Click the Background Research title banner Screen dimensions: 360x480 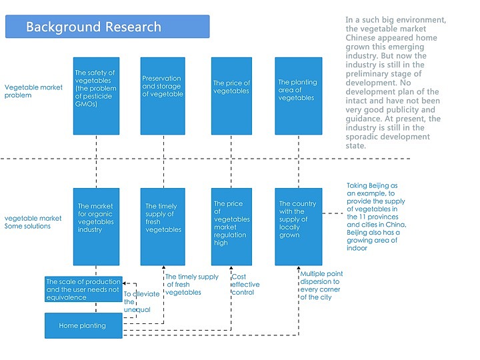click(x=107, y=27)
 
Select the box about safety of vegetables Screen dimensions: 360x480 click(x=97, y=96)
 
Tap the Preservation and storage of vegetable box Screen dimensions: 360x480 click(x=163, y=96)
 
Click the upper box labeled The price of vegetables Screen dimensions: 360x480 click(x=231, y=96)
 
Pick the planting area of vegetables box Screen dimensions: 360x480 click(x=298, y=96)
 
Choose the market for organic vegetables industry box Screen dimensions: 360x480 click(x=97, y=227)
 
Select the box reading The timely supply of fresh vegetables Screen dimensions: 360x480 click(x=163, y=227)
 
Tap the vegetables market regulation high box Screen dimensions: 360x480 click(x=231, y=227)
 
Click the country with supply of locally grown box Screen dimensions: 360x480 click(x=298, y=227)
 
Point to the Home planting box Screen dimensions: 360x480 click(x=83, y=326)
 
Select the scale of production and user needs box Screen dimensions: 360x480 click(x=83, y=289)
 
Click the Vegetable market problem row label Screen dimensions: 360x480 click(x=33, y=91)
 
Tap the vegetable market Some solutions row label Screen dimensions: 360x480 click(x=33, y=222)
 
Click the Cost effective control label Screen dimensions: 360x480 click(x=245, y=285)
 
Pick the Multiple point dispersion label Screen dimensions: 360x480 click(x=321, y=285)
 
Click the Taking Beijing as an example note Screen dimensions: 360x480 click(x=376, y=217)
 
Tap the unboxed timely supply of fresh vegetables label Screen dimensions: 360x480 click(x=191, y=285)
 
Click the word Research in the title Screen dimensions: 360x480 click(x=131, y=27)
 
